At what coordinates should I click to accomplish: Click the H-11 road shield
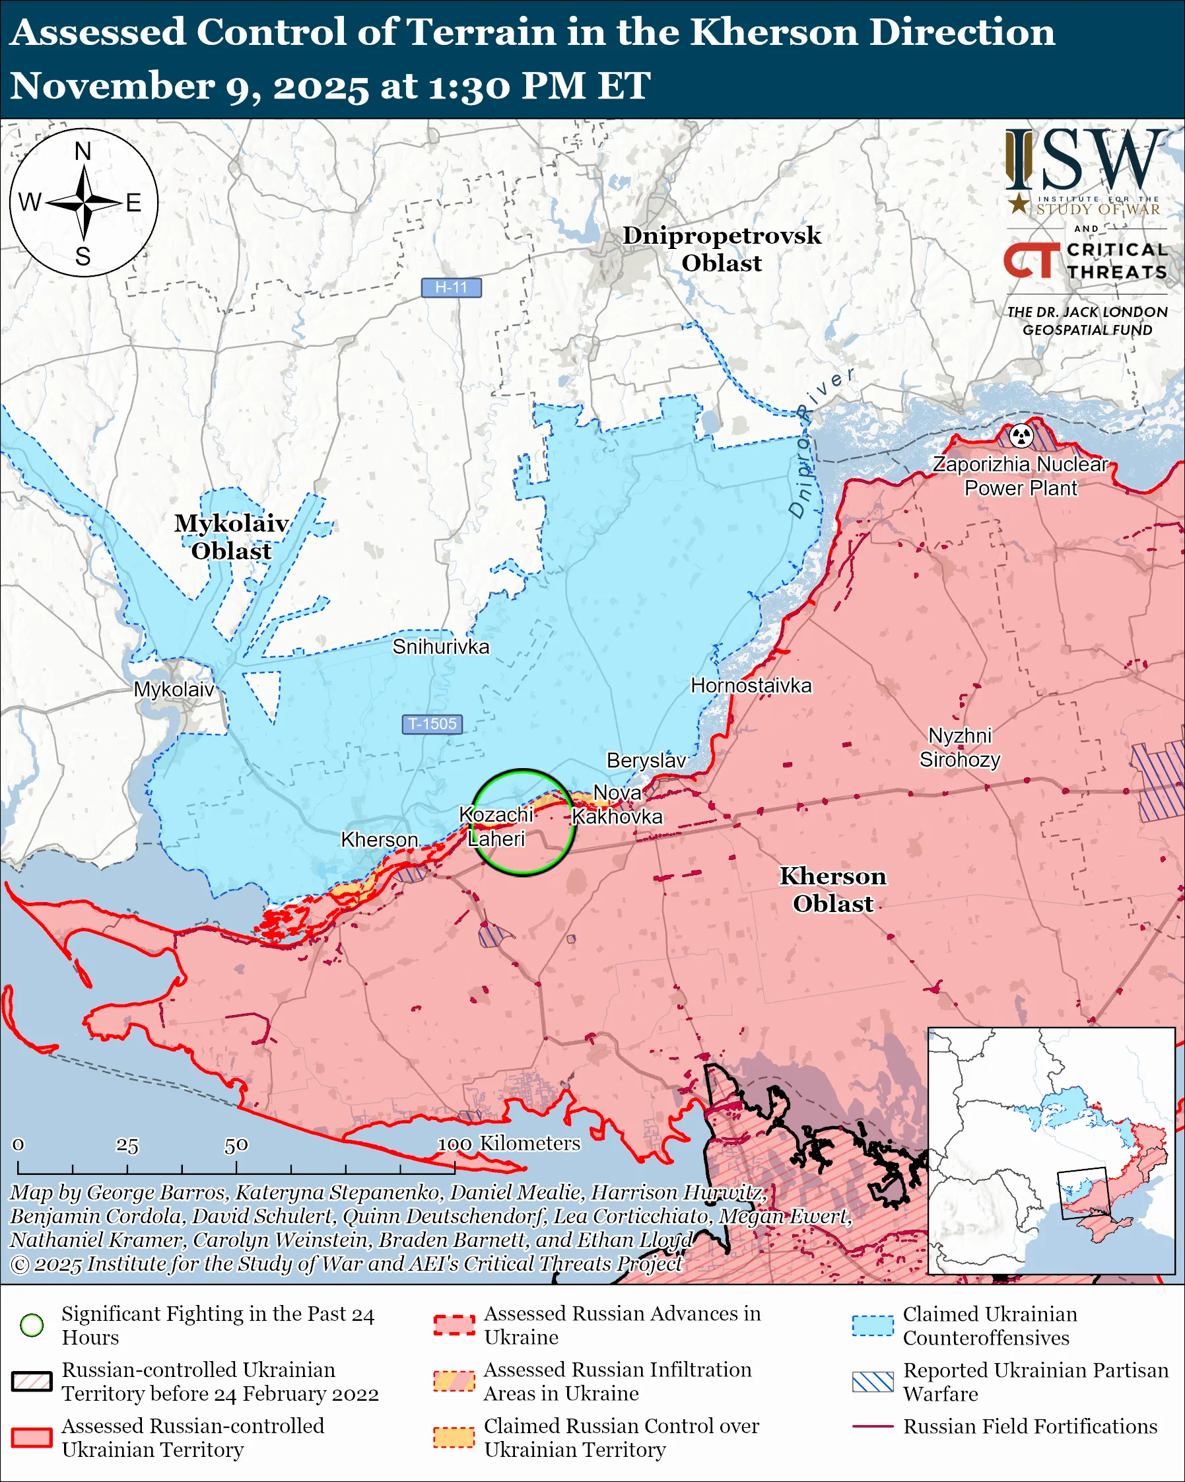coord(451,287)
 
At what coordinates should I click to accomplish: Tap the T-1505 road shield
coord(432,724)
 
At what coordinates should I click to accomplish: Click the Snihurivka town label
coord(440,647)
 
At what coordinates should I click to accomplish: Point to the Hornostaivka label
coord(751,686)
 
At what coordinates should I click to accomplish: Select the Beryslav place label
coord(646,760)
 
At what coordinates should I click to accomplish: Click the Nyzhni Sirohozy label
coord(960,748)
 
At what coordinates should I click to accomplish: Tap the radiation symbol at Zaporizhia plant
coord(1021,435)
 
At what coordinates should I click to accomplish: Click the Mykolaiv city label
coord(174,689)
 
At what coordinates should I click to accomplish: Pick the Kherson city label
coord(379,839)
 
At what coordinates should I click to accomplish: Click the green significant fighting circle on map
coord(524,771)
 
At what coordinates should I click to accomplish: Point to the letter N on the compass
coord(83,151)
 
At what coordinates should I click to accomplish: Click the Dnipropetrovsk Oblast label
coord(722,249)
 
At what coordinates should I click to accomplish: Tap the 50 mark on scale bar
coord(236,1145)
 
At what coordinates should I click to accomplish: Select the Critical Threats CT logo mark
coord(1031,260)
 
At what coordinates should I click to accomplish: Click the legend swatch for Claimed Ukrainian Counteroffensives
coord(873,1325)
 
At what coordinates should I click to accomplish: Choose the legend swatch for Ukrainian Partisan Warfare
coord(873,1382)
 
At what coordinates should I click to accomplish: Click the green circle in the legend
coord(32,1325)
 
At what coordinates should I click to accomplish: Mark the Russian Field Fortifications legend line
coord(873,1427)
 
